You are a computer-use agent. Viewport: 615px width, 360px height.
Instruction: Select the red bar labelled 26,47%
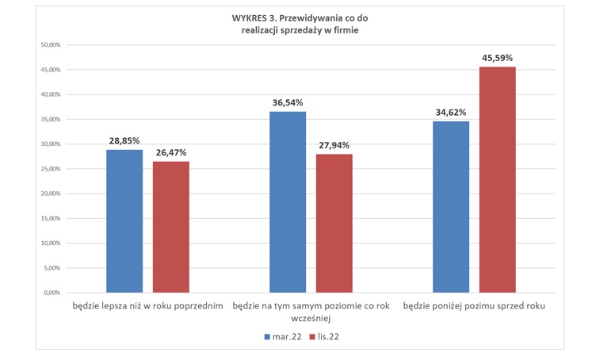coord(171,227)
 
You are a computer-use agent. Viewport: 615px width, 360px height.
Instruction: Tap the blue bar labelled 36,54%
coord(288,201)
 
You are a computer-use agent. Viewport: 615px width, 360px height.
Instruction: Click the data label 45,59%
coord(498,58)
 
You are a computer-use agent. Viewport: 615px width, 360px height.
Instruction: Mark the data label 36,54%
coord(288,102)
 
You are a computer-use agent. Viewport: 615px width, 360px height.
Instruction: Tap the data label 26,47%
coord(171,152)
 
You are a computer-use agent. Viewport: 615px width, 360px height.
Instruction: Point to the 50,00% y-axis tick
coord(51,45)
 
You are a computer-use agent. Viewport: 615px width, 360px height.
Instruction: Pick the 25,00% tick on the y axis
coord(51,169)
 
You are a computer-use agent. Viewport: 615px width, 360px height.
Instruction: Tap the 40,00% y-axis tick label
coord(51,94)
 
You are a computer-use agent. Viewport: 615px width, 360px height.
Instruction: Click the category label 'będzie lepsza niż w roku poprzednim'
coord(147,305)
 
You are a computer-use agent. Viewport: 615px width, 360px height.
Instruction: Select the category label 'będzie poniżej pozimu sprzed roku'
coord(474,305)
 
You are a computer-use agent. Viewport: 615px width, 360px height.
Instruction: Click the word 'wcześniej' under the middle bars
coord(311,317)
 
